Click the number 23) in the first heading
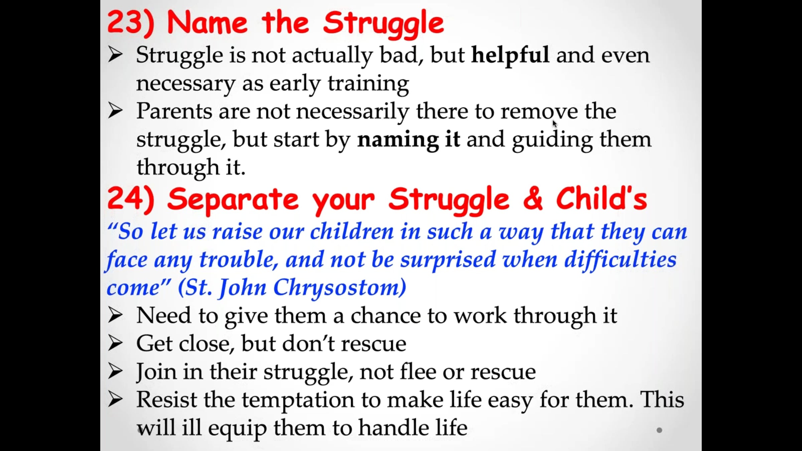click(131, 23)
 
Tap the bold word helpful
click(510, 55)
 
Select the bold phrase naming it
click(408, 140)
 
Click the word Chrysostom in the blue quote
click(340, 288)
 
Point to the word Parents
click(174, 111)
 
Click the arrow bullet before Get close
click(115, 343)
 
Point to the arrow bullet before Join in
click(115, 371)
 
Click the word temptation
click(298, 400)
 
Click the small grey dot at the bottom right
click(659, 430)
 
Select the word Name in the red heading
click(207, 23)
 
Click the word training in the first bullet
click(368, 84)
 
